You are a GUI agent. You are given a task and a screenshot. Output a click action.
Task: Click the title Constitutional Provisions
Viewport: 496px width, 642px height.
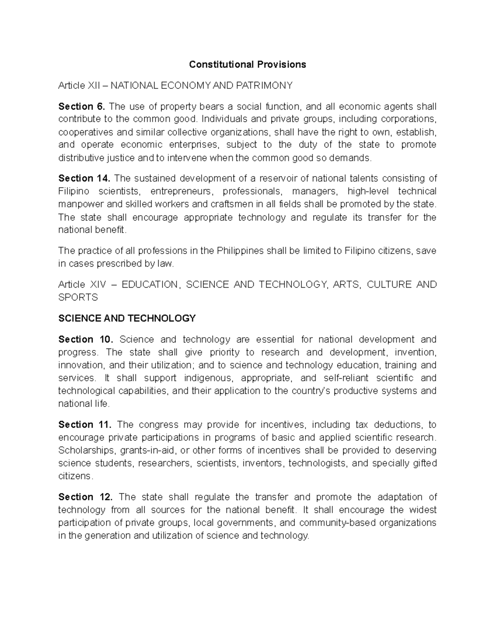pyautogui.click(x=247, y=64)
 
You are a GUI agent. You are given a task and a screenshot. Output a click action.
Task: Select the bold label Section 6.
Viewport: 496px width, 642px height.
pyautogui.click(x=81, y=107)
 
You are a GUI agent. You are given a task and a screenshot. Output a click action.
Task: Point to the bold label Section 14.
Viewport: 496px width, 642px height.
pyautogui.click(x=84, y=178)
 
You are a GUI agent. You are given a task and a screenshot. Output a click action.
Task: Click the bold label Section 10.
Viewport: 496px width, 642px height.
pyautogui.click(x=86, y=339)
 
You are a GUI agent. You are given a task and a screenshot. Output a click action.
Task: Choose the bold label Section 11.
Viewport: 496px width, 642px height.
pyautogui.click(x=85, y=425)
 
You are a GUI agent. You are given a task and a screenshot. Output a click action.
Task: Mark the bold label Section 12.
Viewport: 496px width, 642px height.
pyautogui.click(x=85, y=497)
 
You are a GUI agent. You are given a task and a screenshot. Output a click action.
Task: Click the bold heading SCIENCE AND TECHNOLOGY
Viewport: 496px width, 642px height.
pyautogui.click(x=127, y=318)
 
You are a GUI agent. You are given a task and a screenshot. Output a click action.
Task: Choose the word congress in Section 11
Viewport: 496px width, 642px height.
pyautogui.click(x=158, y=425)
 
